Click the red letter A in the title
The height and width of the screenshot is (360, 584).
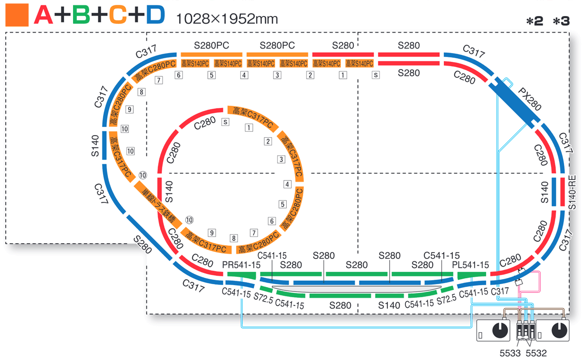click(43, 16)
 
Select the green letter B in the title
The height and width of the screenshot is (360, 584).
click(81, 16)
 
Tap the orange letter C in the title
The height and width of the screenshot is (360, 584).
click(118, 16)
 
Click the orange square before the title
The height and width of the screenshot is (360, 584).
click(16, 16)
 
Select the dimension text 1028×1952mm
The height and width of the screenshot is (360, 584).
click(227, 19)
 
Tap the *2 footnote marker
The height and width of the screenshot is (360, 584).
click(534, 21)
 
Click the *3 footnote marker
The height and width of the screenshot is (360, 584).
click(561, 21)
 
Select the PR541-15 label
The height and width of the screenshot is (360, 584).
click(241, 265)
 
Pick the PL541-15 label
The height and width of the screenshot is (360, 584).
click(470, 265)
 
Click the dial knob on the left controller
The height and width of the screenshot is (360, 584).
click(499, 330)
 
